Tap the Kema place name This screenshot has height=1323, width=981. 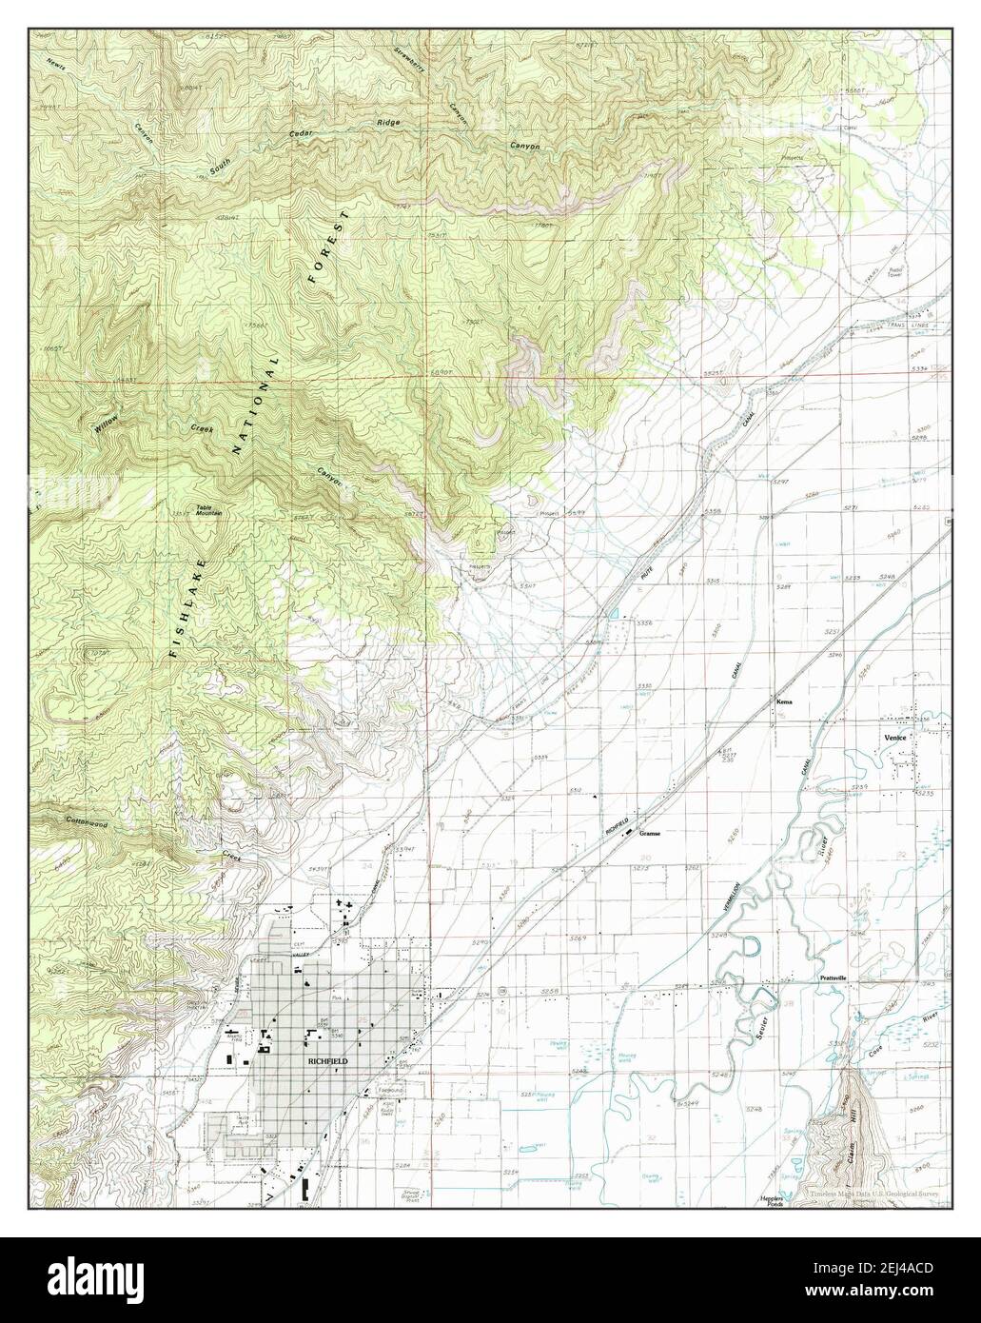784,701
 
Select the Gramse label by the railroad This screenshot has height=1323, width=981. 650,832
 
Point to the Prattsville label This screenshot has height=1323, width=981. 833,977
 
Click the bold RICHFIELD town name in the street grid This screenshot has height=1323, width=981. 327,1059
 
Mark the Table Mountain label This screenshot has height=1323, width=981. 209,510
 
